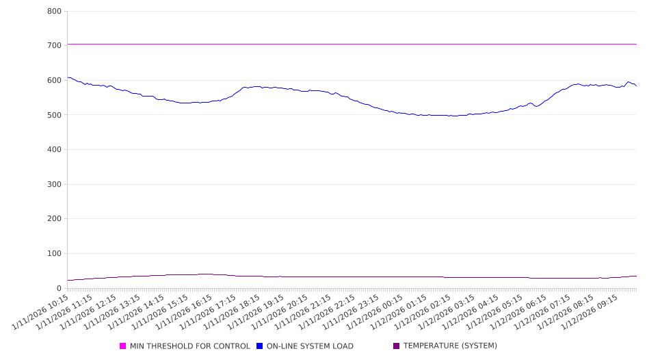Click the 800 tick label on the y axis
click(54, 12)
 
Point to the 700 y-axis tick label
click(54, 46)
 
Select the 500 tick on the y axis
click(54, 115)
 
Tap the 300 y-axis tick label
click(54, 185)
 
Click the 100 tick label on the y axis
click(54, 254)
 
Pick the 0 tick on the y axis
click(59, 289)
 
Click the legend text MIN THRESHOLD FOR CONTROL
click(189, 346)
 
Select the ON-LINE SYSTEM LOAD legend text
click(310, 346)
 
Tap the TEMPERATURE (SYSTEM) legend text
click(450, 346)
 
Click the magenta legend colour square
click(123, 346)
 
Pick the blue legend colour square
click(260, 346)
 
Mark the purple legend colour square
click(396, 346)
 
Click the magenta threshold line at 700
click(342, 44)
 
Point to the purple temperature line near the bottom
click(342, 277)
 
